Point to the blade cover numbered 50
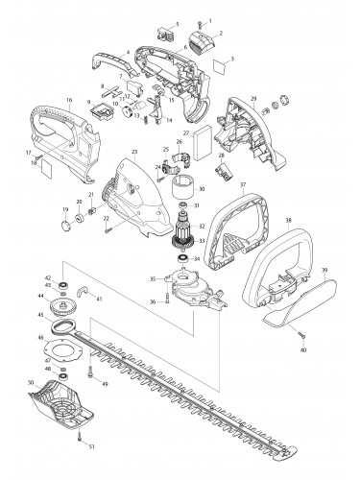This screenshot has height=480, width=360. (x=67, y=404)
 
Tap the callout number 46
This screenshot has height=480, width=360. (x=41, y=338)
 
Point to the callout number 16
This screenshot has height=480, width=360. (x=69, y=100)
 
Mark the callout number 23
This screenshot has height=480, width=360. (x=134, y=152)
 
